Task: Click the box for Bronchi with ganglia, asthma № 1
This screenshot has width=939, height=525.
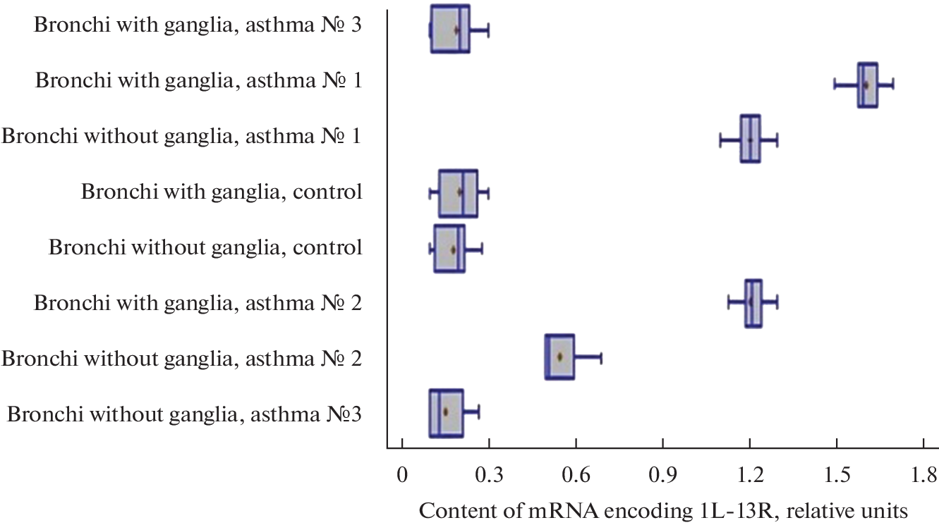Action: (x=868, y=85)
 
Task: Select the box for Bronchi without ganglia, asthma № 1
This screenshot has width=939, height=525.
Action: (x=750, y=139)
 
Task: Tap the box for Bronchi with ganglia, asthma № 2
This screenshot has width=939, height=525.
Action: (x=753, y=304)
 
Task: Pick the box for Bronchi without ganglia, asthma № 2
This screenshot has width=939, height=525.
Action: (x=559, y=357)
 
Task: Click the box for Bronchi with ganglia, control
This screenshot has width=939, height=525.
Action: (x=458, y=193)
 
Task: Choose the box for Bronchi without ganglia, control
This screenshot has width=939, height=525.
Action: (x=449, y=249)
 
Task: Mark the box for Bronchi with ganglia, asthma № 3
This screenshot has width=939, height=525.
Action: (x=450, y=28)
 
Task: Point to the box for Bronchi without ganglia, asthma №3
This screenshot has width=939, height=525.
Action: (x=446, y=413)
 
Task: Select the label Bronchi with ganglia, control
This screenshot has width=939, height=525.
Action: (x=222, y=192)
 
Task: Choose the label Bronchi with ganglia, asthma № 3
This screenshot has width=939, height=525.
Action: (x=198, y=25)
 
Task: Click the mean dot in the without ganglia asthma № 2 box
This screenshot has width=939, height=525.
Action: (x=559, y=357)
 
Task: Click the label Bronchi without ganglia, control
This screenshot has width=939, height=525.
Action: (x=205, y=247)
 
